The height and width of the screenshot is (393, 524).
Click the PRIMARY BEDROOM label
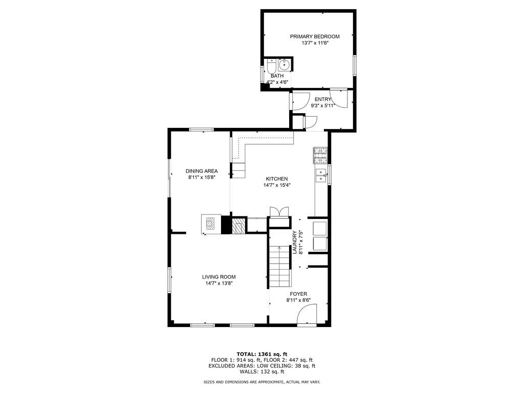(x=314, y=36)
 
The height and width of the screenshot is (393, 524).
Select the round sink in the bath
(x=285, y=65)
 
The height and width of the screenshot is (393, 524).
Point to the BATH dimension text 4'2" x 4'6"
(x=277, y=82)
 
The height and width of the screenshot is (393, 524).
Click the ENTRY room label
(x=322, y=99)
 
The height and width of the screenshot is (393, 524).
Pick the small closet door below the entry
(x=310, y=122)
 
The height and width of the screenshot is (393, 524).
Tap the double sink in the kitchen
(x=321, y=175)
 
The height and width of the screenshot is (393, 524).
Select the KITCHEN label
(x=276, y=179)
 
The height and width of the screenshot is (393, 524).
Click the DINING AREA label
(x=202, y=171)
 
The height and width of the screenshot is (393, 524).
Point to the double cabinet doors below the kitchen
(x=279, y=212)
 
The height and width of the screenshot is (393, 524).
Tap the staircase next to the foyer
(x=279, y=266)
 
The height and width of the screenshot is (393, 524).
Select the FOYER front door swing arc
(x=308, y=313)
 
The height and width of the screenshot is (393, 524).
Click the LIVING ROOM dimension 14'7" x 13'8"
(x=221, y=283)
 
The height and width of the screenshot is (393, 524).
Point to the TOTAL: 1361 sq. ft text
(x=261, y=354)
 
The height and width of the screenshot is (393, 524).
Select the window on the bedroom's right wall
(x=354, y=65)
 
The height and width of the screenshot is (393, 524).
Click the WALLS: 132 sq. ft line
(x=261, y=372)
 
